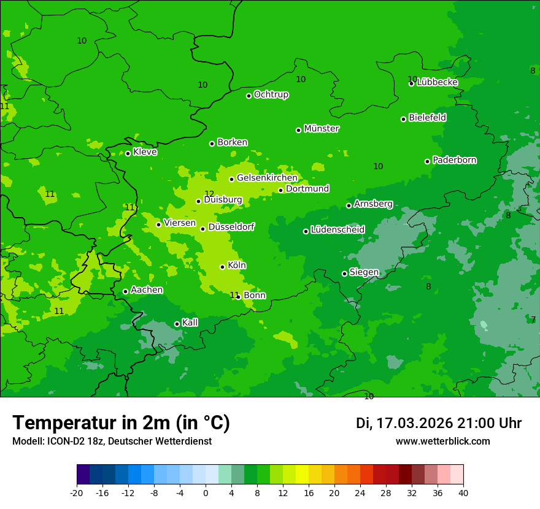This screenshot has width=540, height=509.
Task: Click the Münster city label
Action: tap(322, 129)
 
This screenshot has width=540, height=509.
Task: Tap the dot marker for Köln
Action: tap(222, 267)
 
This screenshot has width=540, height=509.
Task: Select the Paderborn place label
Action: tap(455, 160)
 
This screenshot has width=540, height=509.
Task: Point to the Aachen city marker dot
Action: tap(126, 291)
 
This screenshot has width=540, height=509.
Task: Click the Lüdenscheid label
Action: tap(337, 230)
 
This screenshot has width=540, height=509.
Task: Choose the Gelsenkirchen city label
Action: tap(267, 178)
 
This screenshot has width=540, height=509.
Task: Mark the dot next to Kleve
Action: tap(128, 153)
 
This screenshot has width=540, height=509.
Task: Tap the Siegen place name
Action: tap(364, 272)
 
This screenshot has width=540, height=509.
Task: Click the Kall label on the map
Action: tap(190, 323)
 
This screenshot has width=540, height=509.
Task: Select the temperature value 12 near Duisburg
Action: tap(209, 194)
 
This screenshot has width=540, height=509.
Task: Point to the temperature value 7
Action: tap(533, 320)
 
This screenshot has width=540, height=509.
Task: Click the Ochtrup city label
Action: tap(271, 94)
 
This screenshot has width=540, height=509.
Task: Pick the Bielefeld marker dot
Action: tap(403, 119)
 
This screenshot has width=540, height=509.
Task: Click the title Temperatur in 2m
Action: tap(121, 423)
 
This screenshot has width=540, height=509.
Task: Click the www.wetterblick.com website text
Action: tap(442, 442)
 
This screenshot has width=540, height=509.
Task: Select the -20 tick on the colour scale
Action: tap(77, 492)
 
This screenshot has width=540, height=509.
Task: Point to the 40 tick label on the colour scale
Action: tap(463, 492)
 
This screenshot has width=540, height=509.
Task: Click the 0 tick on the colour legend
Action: tap(206, 492)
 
